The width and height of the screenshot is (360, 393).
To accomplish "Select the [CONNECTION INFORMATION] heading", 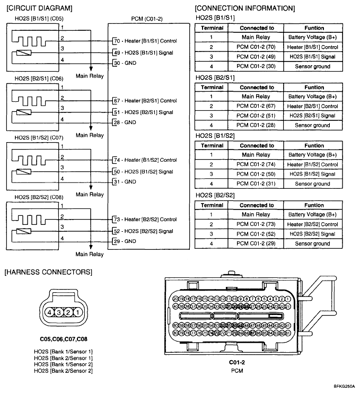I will click(244, 8).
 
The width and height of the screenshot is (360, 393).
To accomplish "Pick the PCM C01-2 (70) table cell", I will click(256, 47).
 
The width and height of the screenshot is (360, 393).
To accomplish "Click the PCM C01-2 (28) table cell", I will click(256, 125).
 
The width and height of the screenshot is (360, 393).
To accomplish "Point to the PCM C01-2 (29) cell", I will click(256, 243).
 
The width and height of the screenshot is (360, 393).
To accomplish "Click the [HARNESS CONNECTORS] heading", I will click(48, 272).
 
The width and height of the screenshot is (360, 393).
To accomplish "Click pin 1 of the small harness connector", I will click(77, 312).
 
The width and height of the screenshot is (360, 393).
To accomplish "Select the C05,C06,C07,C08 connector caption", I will click(63, 338).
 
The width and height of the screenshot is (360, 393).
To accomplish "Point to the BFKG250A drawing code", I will click(345, 387).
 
